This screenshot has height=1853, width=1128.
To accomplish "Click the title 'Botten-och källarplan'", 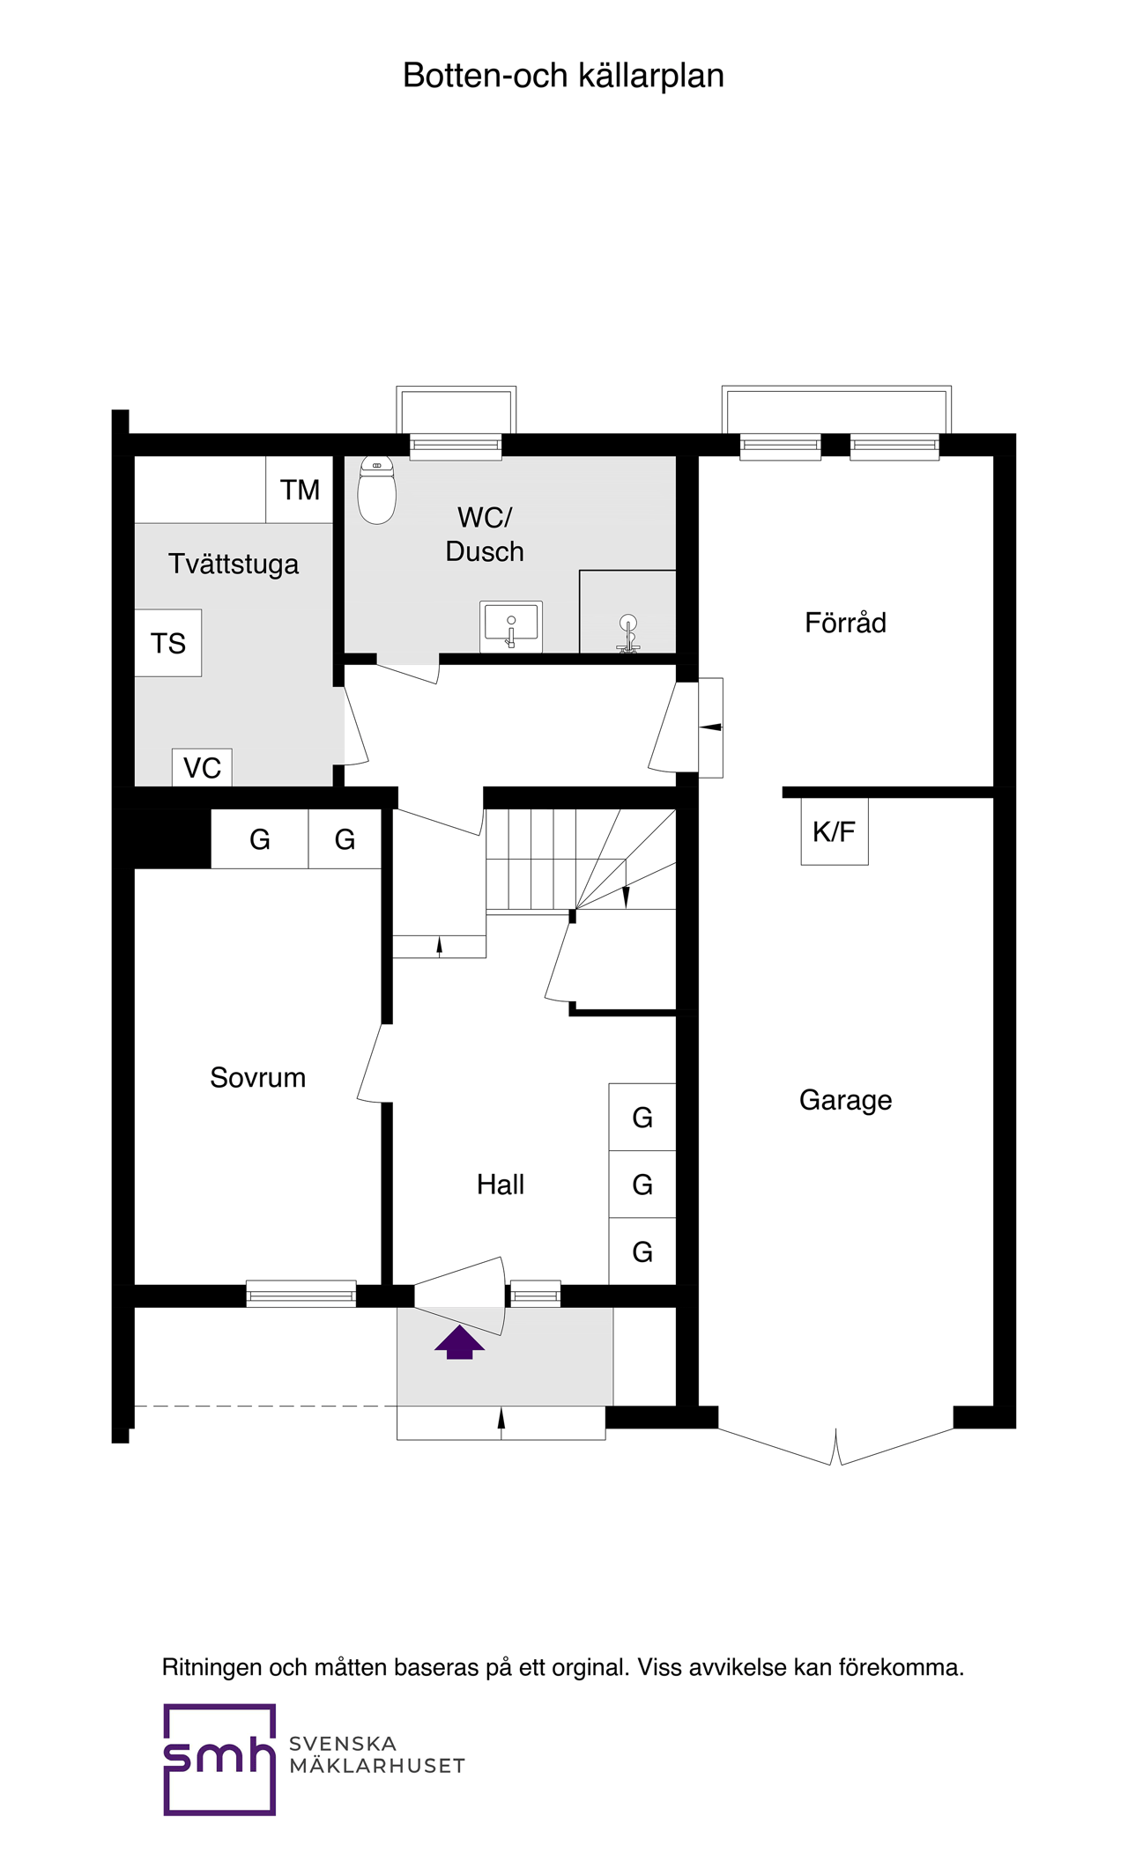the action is pos(563,76).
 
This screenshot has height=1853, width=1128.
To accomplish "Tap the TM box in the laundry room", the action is pos(300,490).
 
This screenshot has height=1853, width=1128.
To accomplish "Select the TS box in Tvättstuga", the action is pos(167,643).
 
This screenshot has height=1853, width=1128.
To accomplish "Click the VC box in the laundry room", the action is pos(202,768).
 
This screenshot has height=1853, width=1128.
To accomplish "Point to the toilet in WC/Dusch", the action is pos(376,491).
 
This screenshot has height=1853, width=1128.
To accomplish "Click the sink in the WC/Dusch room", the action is pos(511,626).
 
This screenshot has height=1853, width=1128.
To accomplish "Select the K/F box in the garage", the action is pos(835,831).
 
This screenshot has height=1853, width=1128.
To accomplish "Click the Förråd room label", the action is pos(845,623).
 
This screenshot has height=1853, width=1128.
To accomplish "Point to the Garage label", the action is pos(845,1100).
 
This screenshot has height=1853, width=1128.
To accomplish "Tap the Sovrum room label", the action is pos(257,1077).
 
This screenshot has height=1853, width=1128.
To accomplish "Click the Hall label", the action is pos(501,1185).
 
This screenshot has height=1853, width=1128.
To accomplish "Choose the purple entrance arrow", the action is pos(459,1343).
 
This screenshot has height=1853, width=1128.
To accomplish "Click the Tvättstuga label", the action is pos(234,565).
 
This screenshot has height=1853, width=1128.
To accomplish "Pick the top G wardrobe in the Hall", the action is pos(642,1117).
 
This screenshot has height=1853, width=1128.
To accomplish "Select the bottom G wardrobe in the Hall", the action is pos(642,1251).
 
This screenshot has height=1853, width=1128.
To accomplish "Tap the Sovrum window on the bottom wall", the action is pos(301,1294).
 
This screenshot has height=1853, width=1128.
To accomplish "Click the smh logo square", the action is pos(219,1760).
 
